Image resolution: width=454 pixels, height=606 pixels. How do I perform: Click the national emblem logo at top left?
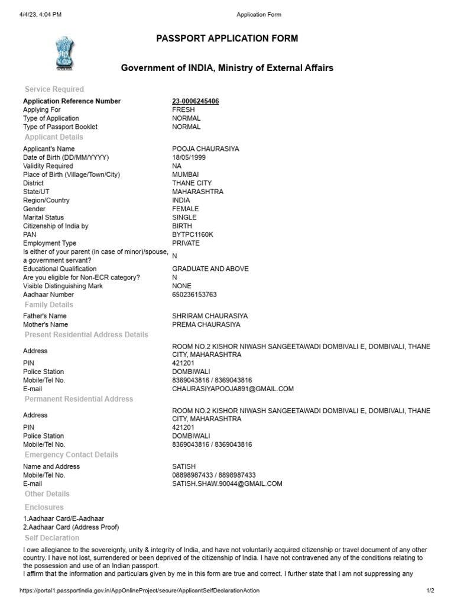(x=63, y=53)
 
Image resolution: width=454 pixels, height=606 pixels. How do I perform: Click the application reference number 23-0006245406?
(x=196, y=101)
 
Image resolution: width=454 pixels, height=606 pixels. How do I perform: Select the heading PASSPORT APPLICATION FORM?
(x=227, y=38)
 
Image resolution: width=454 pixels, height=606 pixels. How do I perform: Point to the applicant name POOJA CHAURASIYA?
(x=206, y=149)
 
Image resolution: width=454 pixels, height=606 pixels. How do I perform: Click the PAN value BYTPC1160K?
(x=193, y=234)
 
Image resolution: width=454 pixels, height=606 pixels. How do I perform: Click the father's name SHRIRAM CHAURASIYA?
(x=210, y=316)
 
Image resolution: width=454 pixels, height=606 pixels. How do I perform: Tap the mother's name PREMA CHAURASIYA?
(x=206, y=324)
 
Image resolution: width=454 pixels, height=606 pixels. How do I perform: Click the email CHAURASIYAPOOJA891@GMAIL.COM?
(x=233, y=389)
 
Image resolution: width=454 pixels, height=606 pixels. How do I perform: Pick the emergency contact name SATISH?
(x=184, y=466)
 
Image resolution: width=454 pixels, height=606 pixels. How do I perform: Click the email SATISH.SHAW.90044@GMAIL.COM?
(x=227, y=483)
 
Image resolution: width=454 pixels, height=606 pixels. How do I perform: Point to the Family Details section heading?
(x=49, y=305)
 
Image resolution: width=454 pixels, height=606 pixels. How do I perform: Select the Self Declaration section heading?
(x=52, y=538)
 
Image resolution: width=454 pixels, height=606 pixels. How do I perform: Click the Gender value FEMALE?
(x=186, y=209)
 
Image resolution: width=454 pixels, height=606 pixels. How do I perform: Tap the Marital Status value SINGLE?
(x=184, y=217)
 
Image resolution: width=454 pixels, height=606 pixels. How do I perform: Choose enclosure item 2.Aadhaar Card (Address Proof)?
(x=71, y=527)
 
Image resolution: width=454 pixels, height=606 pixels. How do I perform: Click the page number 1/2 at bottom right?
(x=430, y=591)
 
